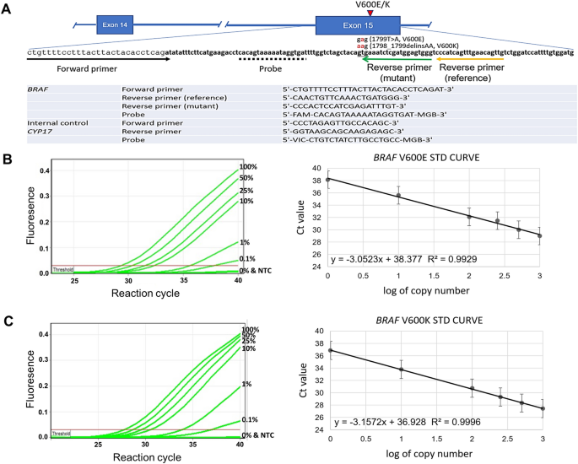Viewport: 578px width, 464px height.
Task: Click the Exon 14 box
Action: [x=122, y=24]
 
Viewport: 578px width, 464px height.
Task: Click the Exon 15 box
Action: [x=352, y=24]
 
